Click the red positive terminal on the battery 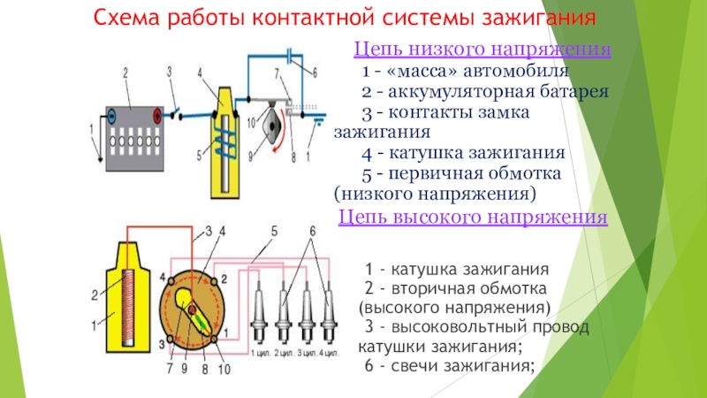tap(157, 115)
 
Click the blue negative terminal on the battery tap(112, 115)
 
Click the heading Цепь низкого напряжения tap(483, 50)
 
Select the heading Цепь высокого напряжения tap(474, 217)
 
